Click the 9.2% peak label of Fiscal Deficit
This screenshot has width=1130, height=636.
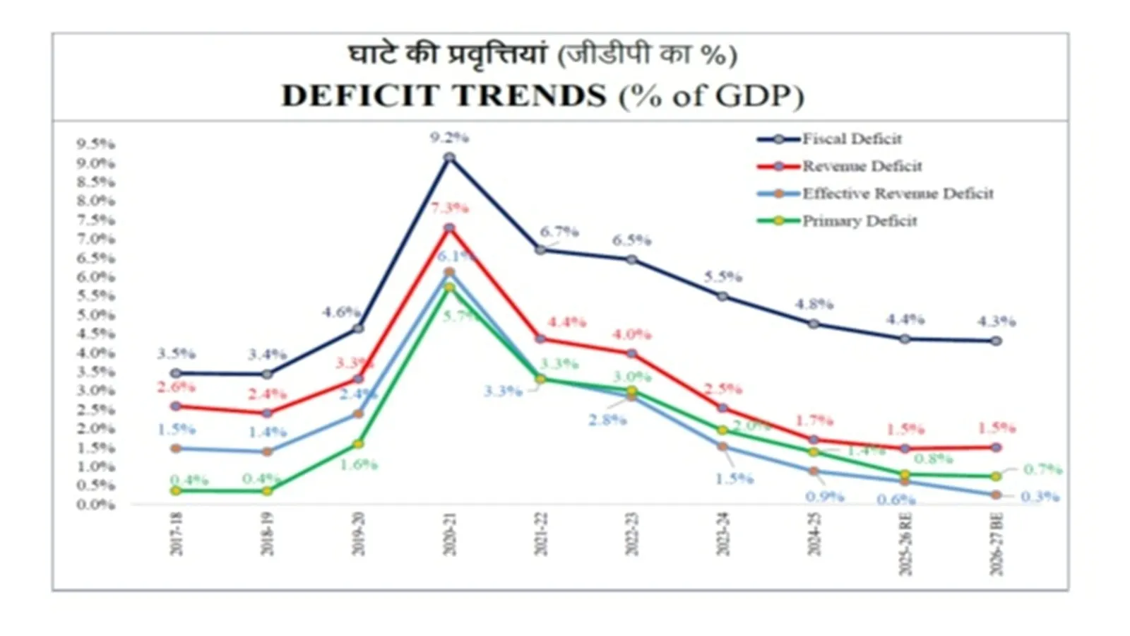[449, 137]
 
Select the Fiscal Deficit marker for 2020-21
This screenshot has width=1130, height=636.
[449, 158]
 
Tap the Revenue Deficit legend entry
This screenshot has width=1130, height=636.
[862, 166]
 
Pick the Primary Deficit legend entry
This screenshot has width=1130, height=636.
[859, 221]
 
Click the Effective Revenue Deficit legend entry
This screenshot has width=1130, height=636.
[897, 194]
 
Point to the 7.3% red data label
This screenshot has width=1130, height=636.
[450, 208]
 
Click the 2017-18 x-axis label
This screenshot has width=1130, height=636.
[176, 534]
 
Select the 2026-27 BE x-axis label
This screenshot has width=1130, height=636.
[996, 545]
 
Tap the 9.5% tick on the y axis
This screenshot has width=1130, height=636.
[96, 144]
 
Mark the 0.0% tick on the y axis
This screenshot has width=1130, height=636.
[96, 505]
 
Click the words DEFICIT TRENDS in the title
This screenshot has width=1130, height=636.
[444, 95]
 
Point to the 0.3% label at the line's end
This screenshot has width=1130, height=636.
[1040, 497]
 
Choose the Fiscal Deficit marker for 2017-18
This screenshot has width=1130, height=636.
[176, 373]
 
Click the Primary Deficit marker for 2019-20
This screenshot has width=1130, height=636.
[358, 444]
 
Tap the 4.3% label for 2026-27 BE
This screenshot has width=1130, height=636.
[996, 322]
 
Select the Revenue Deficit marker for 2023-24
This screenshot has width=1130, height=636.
[722, 408]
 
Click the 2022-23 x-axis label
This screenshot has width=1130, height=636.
[631, 534]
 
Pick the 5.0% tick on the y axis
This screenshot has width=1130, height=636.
[96, 314]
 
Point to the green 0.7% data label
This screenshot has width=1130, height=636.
[1042, 469]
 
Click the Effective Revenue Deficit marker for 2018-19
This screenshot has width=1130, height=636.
[267, 452]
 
